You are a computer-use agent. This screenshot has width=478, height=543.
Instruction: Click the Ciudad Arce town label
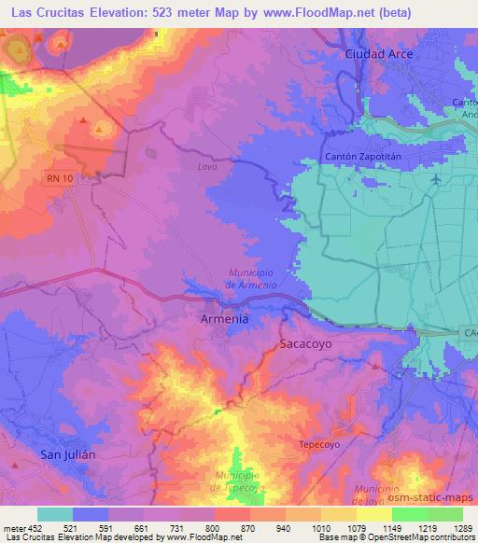tap(379, 54)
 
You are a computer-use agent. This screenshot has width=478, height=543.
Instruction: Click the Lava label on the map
tap(206, 167)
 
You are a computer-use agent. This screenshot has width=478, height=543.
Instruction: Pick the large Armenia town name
tap(225, 319)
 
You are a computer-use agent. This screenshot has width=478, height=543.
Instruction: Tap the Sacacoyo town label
tap(306, 343)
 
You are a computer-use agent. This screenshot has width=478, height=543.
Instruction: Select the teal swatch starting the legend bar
tap(54, 514)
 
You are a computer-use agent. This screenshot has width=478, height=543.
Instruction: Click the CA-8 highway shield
tap(468, 331)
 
